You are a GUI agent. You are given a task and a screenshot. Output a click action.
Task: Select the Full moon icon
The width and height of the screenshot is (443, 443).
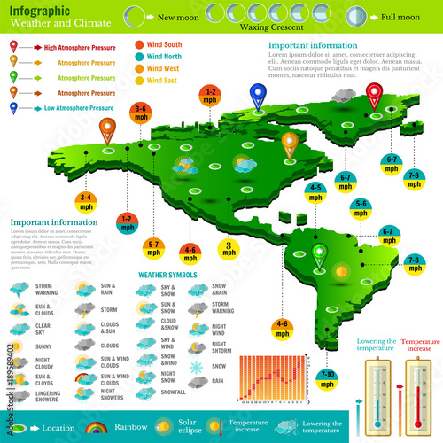pyautogui.click(x=354, y=16)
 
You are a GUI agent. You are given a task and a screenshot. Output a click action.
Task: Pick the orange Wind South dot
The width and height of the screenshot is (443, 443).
pyautogui.click(x=140, y=43)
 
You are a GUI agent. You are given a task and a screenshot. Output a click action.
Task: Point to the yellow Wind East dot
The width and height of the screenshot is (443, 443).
pyautogui.click(x=140, y=81)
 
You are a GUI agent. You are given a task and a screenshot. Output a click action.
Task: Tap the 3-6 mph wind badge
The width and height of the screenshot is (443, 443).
pyautogui.click(x=141, y=113)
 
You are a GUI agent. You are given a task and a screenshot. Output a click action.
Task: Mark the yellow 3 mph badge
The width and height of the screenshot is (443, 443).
pyautogui.click(x=228, y=249)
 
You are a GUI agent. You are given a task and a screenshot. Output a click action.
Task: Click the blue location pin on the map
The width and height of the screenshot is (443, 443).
pyautogui.click(x=258, y=95)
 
